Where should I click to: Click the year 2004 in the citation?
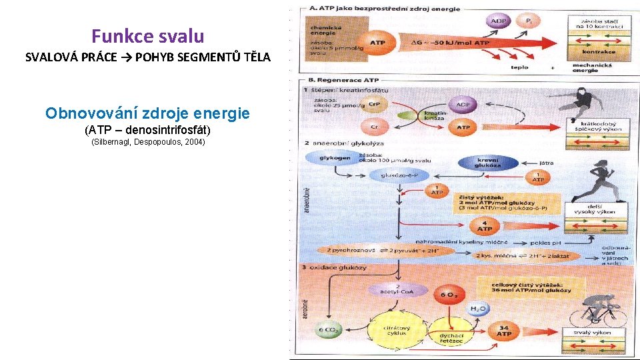pos(193,142)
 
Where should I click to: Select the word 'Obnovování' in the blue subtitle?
pos(83,113)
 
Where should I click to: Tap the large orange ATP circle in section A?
pos(377,43)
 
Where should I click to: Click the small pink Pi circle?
pos(529,21)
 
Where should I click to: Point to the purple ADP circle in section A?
pos(497,21)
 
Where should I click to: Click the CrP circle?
pos(375,105)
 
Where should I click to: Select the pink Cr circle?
pos(375,127)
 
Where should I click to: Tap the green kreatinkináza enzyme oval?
pos(414,116)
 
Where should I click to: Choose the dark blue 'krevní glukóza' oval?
pos(489,162)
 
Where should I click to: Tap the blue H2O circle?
pos(477,309)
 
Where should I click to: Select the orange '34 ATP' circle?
pos(504,329)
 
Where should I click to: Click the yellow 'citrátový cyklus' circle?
pos(399,331)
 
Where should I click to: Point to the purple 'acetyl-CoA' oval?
pos(399,289)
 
